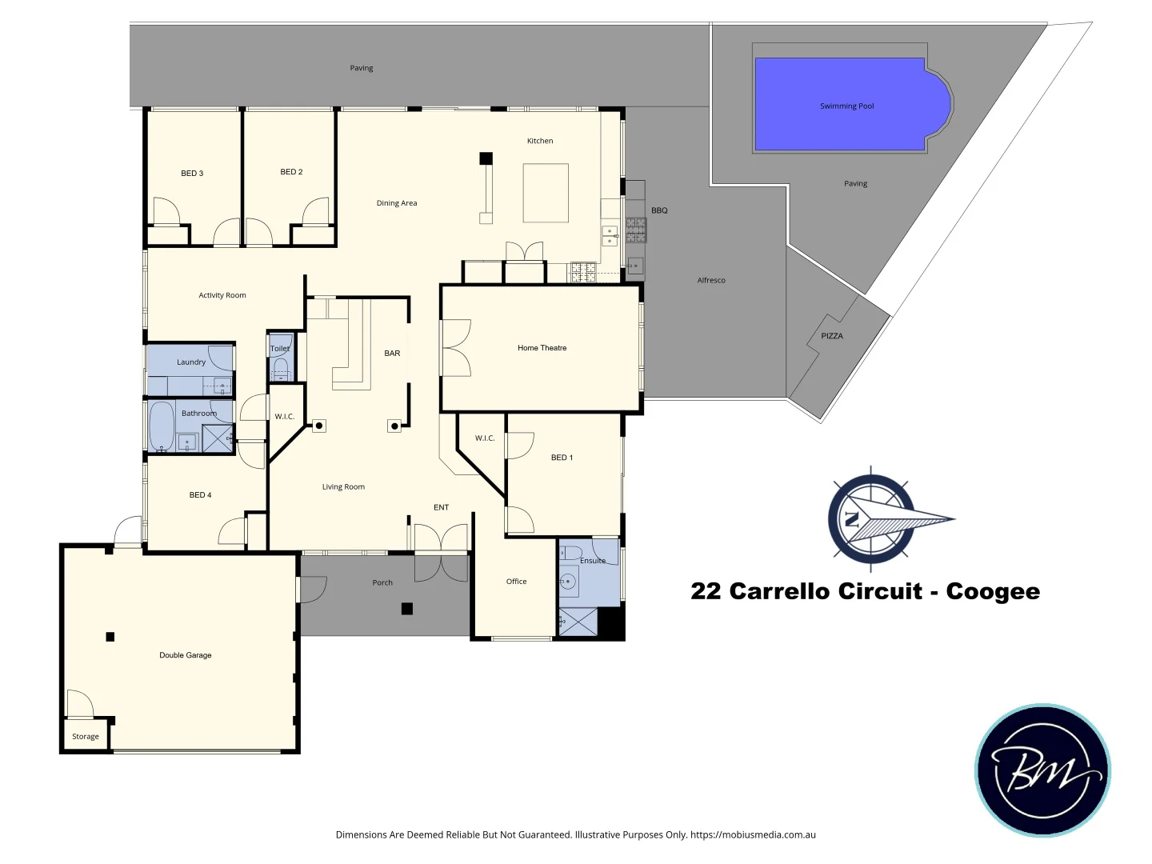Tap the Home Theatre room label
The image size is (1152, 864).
click(542, 348)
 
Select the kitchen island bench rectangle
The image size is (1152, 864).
click(546, 193)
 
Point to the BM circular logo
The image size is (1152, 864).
click(1042, 770)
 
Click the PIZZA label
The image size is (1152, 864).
click(831, 336)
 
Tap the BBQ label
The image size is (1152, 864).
click(659, 210)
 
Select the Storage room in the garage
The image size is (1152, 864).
click(86, 736)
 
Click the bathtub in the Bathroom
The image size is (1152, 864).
click(162, 426)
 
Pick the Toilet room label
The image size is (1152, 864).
click(280, 348)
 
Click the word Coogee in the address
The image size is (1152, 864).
click(993, 591)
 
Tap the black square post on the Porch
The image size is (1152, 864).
click(406, 609)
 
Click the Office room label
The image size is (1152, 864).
click(516, 582)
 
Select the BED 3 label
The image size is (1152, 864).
click(192, 173)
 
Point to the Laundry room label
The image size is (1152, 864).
click(191, 362)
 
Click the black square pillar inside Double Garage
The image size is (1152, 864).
click(110, 637)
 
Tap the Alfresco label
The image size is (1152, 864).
click(711, 280)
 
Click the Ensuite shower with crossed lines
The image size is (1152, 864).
click(578, 622)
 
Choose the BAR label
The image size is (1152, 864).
click(392, 353)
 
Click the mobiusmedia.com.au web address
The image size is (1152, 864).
click(753, 834)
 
